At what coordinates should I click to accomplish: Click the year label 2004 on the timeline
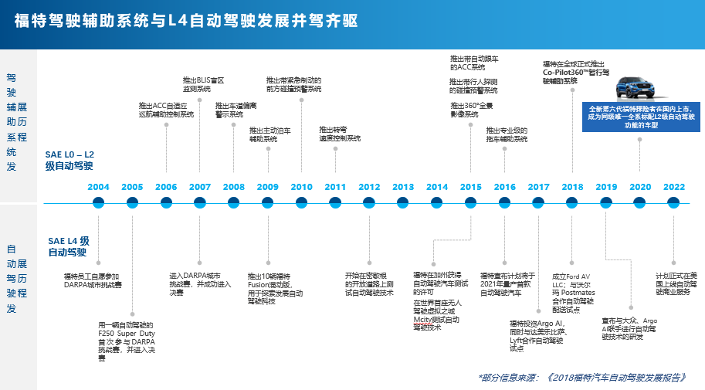point(98,187)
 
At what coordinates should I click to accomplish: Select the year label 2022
point(673,187)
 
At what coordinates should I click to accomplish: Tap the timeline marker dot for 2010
point(301,202)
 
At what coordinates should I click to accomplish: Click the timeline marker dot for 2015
point(470,202)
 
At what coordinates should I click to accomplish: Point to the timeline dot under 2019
point(606,202)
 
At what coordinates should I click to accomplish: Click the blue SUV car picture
point(636,80)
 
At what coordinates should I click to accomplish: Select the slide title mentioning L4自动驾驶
point(186,21)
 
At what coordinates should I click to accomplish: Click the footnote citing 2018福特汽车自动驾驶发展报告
point(581,378)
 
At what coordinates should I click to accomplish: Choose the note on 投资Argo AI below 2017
point(537,335)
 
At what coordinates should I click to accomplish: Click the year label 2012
point(369,187)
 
